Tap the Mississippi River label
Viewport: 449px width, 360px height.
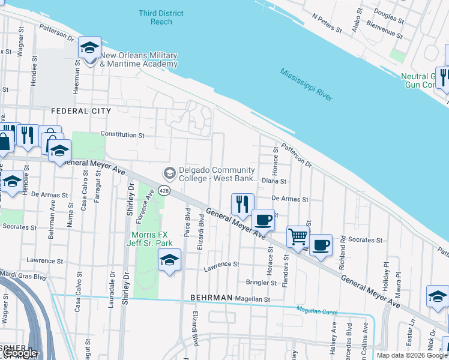coord(306,84)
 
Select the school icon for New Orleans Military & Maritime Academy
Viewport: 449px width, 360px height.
coord(89,47)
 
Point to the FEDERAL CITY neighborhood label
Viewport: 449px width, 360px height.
coord(81,111)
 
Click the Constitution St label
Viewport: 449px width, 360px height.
coord(122,135)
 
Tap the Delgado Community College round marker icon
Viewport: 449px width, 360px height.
coord(170,173)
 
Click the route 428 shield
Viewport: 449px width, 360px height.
coord(165,190)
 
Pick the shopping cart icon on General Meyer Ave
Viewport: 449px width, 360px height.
coord(298,238)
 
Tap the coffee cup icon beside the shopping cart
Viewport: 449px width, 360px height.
coord(321,245)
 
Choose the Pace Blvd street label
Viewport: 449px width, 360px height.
coord(188,223)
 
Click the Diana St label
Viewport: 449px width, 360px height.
coord(274,181)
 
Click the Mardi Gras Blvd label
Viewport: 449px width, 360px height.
coord(23,277)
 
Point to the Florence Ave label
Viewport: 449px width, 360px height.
coord(149,203)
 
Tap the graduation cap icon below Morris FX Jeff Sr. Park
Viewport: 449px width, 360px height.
coord(170,261)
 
